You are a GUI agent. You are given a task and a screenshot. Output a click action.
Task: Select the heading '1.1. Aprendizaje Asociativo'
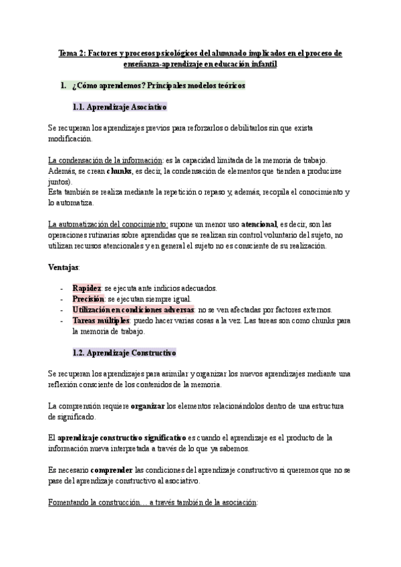point(119,106)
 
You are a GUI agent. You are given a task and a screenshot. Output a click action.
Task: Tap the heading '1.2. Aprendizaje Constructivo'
point(124,352)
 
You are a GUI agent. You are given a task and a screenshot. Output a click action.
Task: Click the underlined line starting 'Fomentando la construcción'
point(152,501)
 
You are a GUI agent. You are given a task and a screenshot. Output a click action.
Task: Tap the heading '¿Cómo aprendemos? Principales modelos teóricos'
point(158,86)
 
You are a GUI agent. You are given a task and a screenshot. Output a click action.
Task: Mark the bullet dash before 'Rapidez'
point(61,288)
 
